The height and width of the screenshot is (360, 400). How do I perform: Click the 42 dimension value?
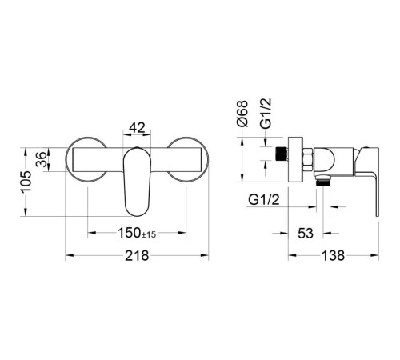tap(137, 127)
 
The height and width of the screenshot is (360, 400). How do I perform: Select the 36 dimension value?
tap(41, 159)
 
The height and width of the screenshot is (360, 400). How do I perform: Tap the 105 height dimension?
tap(26, 182)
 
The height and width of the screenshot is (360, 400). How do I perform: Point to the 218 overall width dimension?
tap(137, 255)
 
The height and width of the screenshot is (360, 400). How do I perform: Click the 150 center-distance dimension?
tap(130, 233)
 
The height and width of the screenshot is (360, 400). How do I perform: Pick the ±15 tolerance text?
tap(149, 234)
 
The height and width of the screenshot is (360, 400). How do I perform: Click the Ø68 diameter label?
tap(242, 114)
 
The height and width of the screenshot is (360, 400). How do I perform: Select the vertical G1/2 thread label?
tap(266, 114)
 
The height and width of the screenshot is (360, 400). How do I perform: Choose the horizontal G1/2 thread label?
tap(264, 199)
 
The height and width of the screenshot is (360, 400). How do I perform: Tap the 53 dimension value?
tap(306, 234)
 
